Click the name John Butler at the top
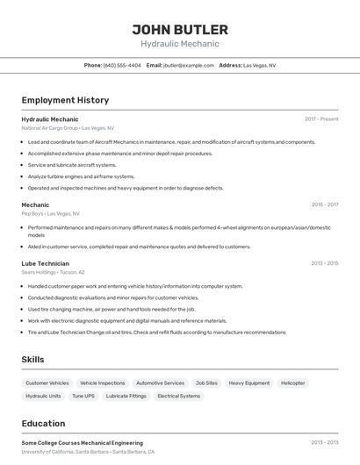(179, 29)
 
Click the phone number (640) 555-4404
(121, 65)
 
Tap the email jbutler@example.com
(189, 65)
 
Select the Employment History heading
(65, 100)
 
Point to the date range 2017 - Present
(321, 118)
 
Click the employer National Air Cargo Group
(49, 128)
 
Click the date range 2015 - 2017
(324, 204)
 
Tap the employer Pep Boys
(32, 213)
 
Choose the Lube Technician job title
(45, 263)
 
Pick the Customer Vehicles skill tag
(47, 383)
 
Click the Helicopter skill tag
(293, 383)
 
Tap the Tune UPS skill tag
(83, 396)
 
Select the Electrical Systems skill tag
(178, 396)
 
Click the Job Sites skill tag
(206, 383)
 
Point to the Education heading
(43, 424)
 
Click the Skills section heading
(32, 360)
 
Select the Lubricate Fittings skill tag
(126, 396)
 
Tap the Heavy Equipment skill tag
(249, 383)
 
